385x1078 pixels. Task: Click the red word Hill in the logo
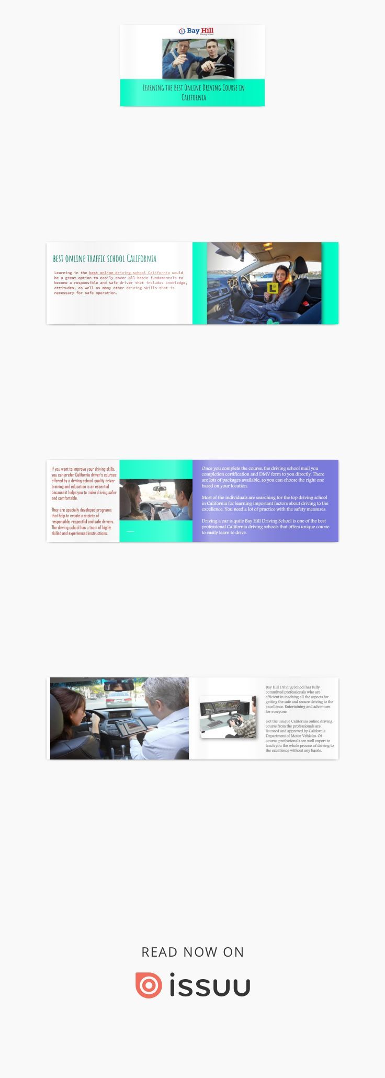[208, 30]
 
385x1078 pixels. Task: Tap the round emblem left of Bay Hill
[182, 31]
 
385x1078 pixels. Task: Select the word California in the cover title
[194, 98]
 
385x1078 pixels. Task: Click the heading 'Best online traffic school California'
[105, 258]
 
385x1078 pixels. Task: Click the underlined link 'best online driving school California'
[129, 273]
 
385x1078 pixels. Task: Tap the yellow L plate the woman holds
[271, 288]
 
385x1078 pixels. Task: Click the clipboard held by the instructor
[165, 513]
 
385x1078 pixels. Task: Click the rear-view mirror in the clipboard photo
[160, 487]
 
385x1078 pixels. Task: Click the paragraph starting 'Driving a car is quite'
[265, 527]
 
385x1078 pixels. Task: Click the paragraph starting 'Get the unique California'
[299, 735]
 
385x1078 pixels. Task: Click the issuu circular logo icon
[149, 985]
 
